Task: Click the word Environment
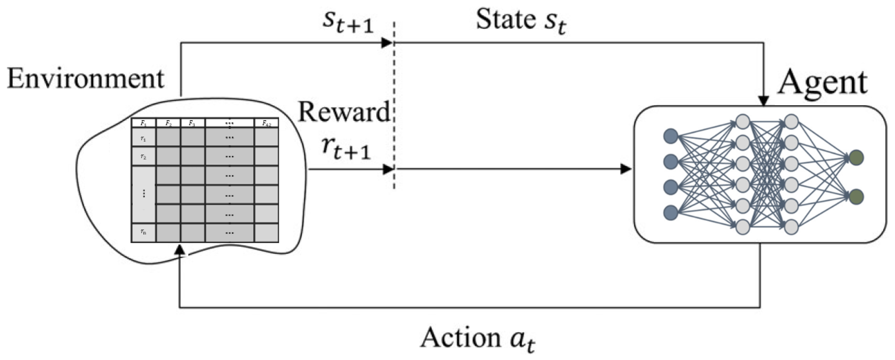pyautogui.click(x=85, y=79)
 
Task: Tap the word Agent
pyautogui.click(x=822, y=83)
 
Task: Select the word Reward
pyautogui.click(x=344, y=112)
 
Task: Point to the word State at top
pyautogui.click(x=506, y=19)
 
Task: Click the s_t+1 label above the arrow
pyautogui.click(x=348, y=24)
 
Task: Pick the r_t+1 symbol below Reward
pyautogui.click(x=346, y=149)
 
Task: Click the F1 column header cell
pyautogui.click(x=143, y=123)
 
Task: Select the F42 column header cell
pyautogui.click(x=266, y=123)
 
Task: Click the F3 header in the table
pyautogui.click(x=192, y=123)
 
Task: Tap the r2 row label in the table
pyautogui.click(x=143, y=157)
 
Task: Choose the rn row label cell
pyautogui.click(x=143, y=232)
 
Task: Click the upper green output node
pyautogui.click(x=856, y=157)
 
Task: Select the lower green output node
pyautogui.click(x=856, y=197)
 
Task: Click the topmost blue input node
pyautogui.click(x=671, y=136)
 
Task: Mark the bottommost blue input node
pyautogui.click(x=671, y=213)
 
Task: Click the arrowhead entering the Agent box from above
pyautogui.click(x=763, y=101)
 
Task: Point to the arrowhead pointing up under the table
pyautogui.click(x=180, y=249)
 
